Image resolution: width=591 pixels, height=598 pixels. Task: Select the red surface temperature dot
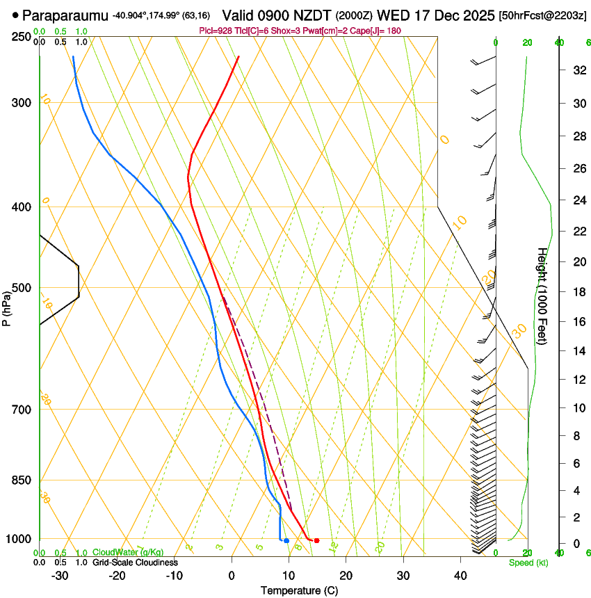[x=316, y=540]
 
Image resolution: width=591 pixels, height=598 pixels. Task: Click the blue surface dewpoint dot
[x=286, y=540]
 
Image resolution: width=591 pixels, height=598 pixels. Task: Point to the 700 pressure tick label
[x=22, y=410]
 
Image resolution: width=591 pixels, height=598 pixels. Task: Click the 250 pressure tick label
[x=22, y=37]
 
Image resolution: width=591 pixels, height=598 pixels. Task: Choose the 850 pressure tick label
[x=22, y=480]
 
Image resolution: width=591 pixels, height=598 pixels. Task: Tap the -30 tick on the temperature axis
[x=60, y=576]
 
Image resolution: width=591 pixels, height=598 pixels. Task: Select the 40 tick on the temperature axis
[x=460, y=576]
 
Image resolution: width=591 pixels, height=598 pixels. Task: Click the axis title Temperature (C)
[x=299, y=590]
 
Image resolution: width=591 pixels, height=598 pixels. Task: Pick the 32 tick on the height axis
[x=578, y=70]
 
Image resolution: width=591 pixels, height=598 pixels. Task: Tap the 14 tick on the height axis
[x=578, y=351]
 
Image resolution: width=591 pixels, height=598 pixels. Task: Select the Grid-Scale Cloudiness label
[x=135, y=562]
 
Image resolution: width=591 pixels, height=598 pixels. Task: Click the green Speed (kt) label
[x=528, y=563]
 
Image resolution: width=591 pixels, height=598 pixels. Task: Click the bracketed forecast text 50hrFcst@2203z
[x=543, y=15]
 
